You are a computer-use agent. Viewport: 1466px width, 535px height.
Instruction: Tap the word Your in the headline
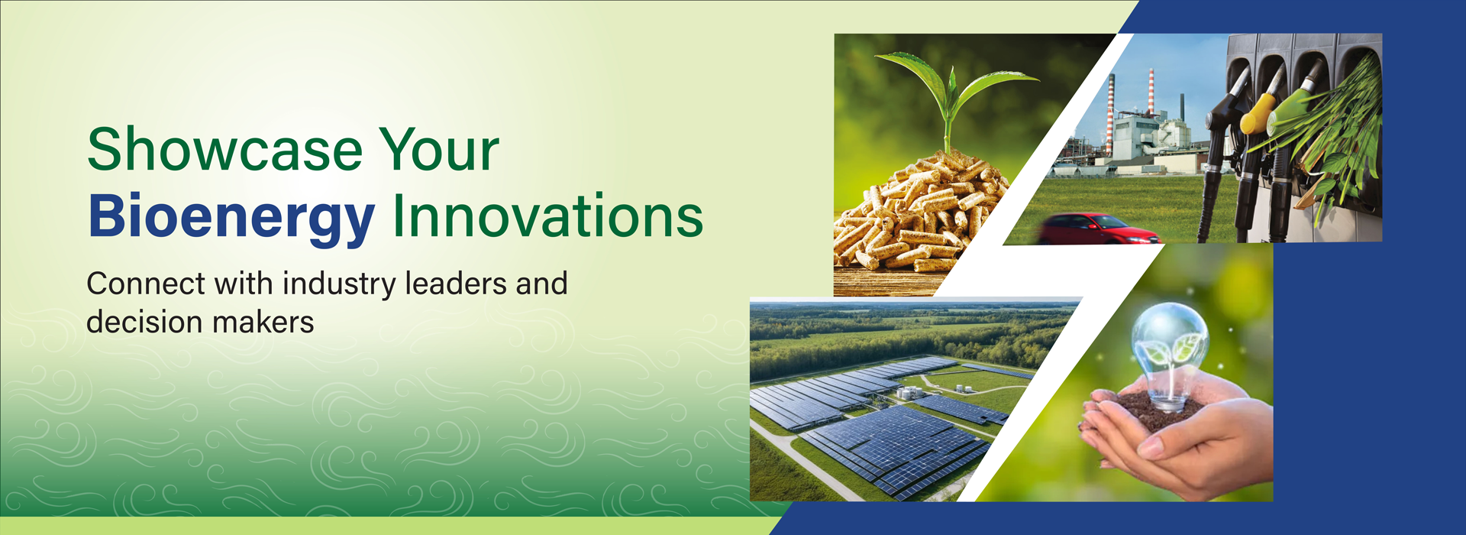(439, 149)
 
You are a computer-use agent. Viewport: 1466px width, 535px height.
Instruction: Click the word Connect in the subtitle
(146, 284)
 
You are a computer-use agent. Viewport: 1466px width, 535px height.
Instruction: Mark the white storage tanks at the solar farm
(909, 392)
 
